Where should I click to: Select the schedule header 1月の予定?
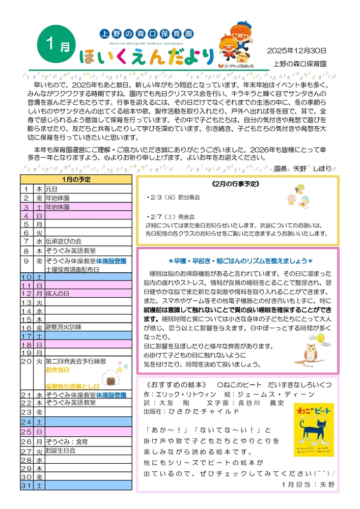76,180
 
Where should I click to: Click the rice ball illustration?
112,378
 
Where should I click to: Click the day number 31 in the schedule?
26,486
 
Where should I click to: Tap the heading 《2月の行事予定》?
237,183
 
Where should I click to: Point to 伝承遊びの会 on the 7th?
63,241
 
